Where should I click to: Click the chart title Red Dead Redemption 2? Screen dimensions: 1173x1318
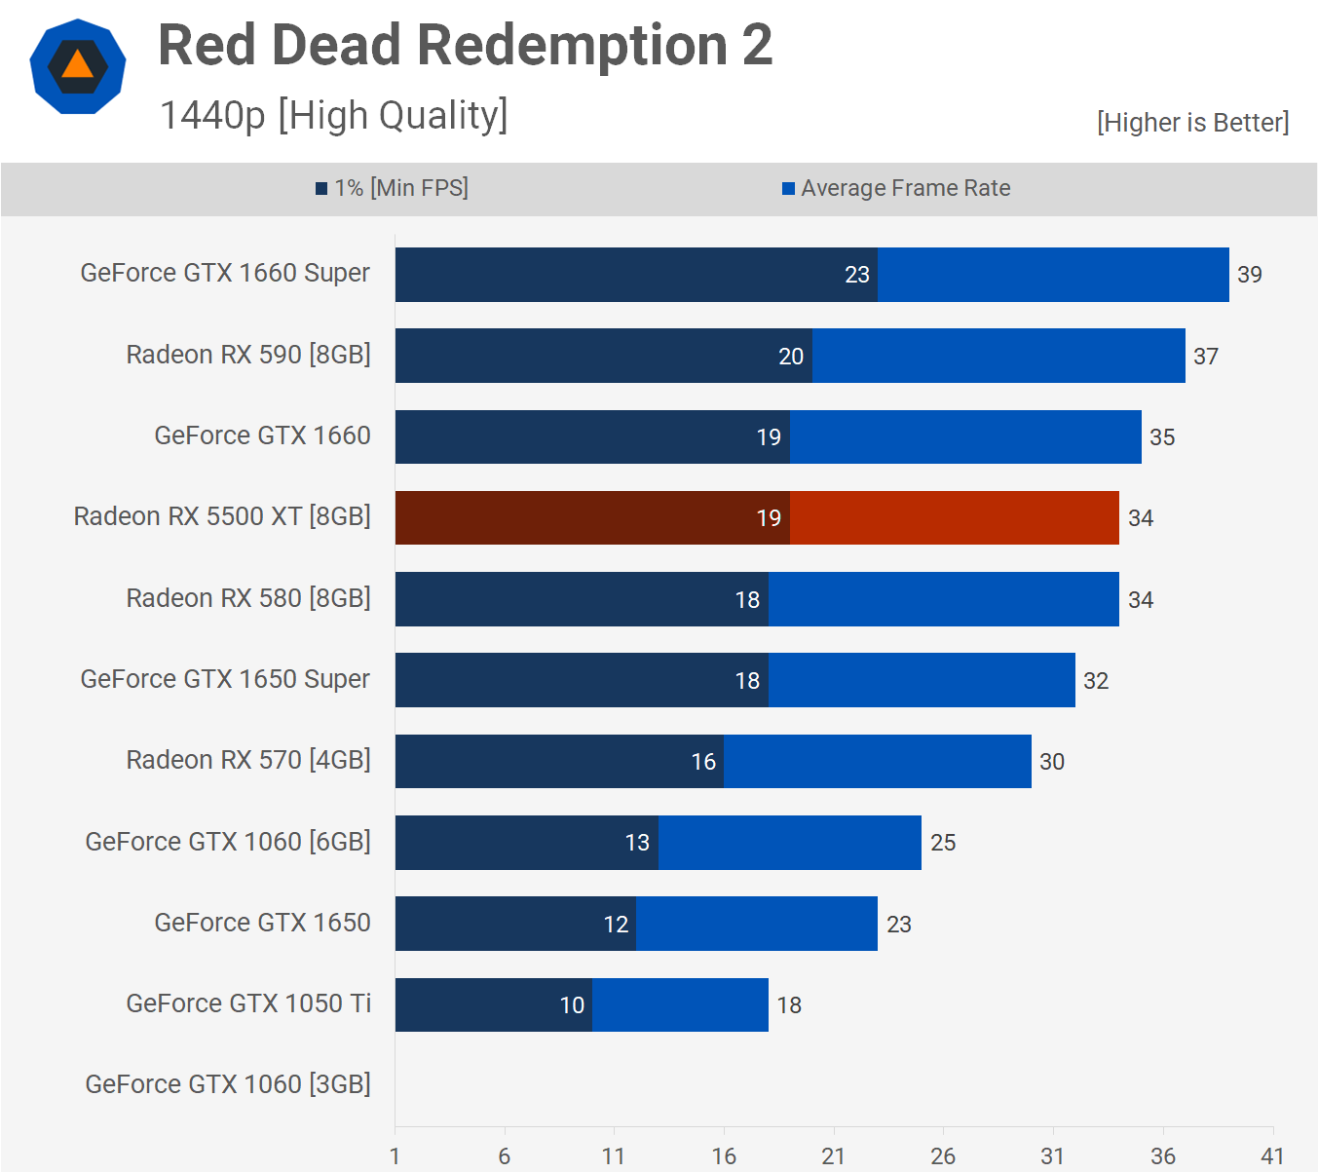click(x=465, y=46)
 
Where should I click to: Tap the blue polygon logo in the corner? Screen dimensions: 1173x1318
click(x=78, y=66)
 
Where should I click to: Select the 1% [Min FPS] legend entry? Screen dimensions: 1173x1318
click(x=392, y=188)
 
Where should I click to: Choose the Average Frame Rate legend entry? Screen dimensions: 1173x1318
click(x=896, y=188)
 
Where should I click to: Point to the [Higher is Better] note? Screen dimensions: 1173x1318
click(x=1192, y=123)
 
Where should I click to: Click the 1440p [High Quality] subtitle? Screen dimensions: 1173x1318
click(x=333, y=115)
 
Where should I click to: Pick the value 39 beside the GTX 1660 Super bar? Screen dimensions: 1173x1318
click(x=1249, y=275)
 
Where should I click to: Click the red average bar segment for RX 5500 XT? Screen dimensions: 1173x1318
click(x=954, y=518)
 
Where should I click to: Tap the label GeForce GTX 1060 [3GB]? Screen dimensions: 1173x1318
click(x=228, y=1084)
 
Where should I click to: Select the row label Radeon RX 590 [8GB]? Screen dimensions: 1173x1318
click(x=248, y=355)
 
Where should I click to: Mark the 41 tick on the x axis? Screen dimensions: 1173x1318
click(x=1272, y=1156)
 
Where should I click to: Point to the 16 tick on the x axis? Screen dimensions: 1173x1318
click(x=724, y=1156)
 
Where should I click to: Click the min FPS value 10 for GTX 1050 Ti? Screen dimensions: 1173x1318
click(x=572, y=1005)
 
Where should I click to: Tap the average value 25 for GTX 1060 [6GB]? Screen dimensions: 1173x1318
click(x=943, y=843)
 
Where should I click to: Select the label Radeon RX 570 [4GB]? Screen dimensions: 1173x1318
click(x=248, y=760)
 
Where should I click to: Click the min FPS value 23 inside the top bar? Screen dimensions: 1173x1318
click(x=857, y=275)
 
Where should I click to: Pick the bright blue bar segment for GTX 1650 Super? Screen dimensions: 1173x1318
click(x=922, y=680)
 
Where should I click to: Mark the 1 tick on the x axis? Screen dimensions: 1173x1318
click(x=395, y=1156)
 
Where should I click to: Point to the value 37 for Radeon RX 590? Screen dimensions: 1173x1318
click(x=1206, y=357)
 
